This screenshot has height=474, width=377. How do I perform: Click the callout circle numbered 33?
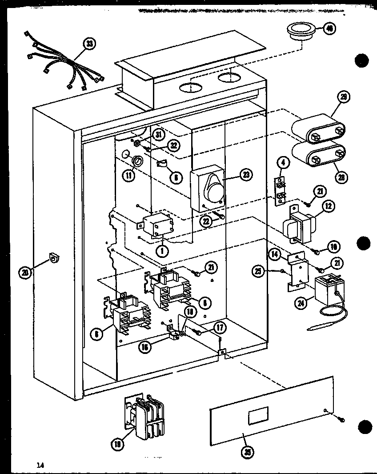pyautogui.click(x=90, y=44)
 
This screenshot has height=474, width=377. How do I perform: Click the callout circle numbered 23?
pyautogui.click(x=245, y=175)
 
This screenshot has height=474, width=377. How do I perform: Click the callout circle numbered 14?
pyautogui.click(x=275, y=254)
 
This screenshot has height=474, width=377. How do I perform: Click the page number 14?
pyautogui.click(x=40, y=465)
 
